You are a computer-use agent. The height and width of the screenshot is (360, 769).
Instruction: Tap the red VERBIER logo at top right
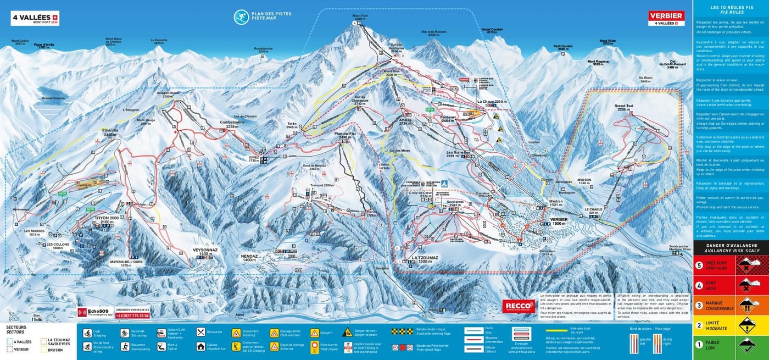coord(666,18)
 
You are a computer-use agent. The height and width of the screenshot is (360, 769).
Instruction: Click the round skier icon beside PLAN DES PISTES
coord(240,17)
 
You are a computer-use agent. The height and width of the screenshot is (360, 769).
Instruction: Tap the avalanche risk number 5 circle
coord(699,265)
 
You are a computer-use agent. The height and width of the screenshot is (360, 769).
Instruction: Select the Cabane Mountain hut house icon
coord(200,347)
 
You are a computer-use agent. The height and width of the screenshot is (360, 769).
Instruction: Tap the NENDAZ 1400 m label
coord(249,258)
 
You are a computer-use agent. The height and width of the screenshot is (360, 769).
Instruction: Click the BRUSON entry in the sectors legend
coord(55,350)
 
